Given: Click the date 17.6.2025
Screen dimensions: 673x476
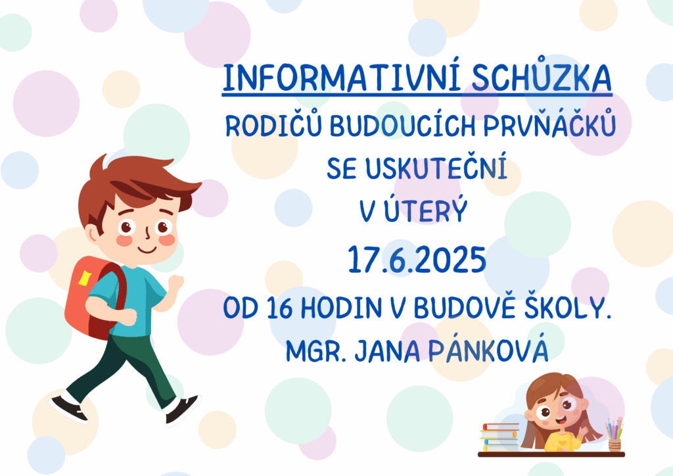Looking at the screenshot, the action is [x=416, y=260].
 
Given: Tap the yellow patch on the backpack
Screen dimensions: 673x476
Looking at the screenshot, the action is [x=85, y=278].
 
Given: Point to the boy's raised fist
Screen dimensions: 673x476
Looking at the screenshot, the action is [x=175, y=283].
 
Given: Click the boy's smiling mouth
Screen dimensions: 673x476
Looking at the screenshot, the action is [x=147, y=249].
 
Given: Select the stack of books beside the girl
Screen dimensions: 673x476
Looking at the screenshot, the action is [x=499, y=437].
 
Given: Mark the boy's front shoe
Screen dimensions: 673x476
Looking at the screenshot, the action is [x=183, y=409].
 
